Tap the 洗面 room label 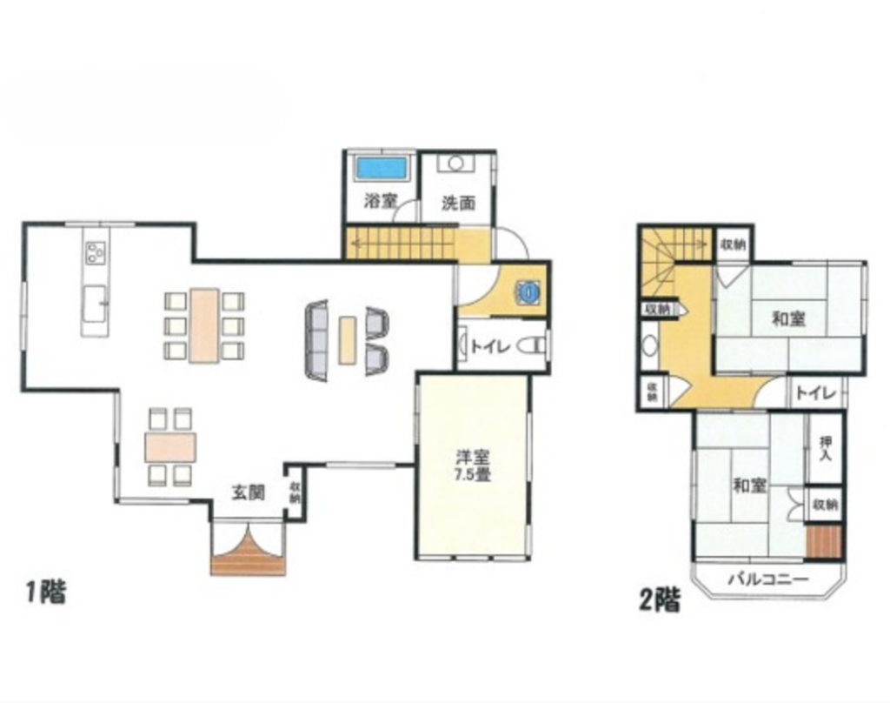tap(459, 203)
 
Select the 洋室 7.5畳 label tap(473, 465)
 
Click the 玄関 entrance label tap(249, 492)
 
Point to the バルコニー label tap(768, 579)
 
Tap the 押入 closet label tap(826, 448)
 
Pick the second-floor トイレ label tap(815, 392)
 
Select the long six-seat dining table tap(204, 325)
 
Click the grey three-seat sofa tap(317, 340)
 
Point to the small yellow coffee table tap(348, 340)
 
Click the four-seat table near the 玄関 tap(170, 447)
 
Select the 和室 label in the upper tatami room tap(789, 318)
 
